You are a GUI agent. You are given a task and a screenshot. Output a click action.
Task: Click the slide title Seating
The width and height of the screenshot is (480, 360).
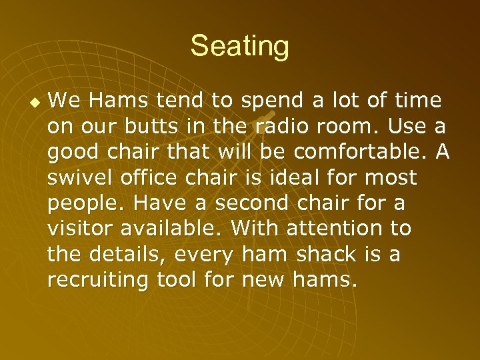tap(239, 47)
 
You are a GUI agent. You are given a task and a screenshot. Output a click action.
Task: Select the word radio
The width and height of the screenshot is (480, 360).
tap(280, 127)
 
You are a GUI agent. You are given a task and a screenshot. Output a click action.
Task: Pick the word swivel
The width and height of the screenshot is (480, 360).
tap(76, 178)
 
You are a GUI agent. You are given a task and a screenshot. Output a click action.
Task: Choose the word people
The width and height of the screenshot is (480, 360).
tap(81, 203)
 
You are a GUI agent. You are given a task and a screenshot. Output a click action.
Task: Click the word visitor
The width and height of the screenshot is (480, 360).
tap(80, 229)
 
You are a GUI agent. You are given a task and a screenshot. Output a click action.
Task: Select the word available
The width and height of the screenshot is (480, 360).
tap(173, 229)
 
